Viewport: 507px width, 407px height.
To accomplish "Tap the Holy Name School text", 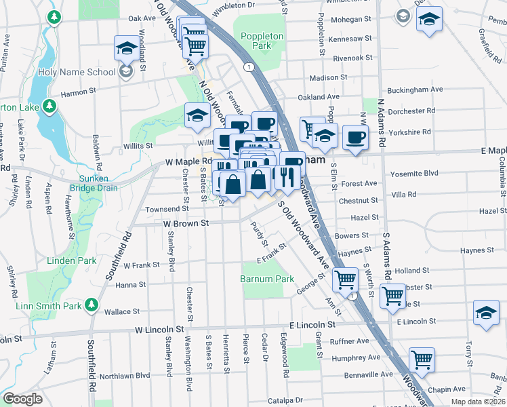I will (x=86, y=71).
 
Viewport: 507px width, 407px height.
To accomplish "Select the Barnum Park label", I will (x=267, y=279).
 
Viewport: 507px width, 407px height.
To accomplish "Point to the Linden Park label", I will (x=71, y=260).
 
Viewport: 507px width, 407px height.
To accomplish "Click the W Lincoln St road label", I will (x=159, y=329).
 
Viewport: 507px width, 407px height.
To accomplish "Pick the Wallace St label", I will (x=122, y=312).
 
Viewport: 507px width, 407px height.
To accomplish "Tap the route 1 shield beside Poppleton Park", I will (x=249, y=66).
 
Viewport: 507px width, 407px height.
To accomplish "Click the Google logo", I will (x=22, y=399).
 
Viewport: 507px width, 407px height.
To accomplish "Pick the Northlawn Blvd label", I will (x=125, y=375).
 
